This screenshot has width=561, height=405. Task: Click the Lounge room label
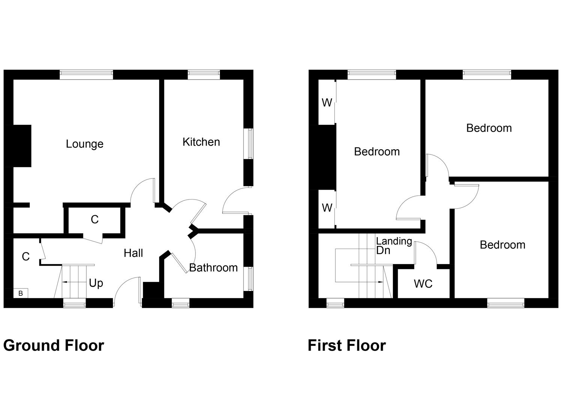[84, 144]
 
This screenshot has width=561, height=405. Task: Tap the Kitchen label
[201, 142]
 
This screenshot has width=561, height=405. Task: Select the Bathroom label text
[213, 268]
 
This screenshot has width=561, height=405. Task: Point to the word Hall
[133, 253]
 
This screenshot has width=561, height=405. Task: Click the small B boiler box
[21, 293]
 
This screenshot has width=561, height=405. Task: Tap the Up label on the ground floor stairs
[96, 283]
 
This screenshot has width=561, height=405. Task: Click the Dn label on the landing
[383, 250]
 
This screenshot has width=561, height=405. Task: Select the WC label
[423, 284]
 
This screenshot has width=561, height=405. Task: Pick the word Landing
[394, 241]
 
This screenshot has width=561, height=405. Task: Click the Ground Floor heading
[54, 345]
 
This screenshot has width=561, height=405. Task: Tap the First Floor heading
[347, 345]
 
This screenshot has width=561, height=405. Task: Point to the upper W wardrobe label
[327, 102]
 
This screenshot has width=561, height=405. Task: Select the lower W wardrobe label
[327, 207]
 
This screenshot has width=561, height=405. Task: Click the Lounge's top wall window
[86, 74]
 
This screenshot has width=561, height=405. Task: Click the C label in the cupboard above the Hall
[95, 219]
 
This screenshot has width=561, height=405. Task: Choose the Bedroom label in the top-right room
[489, 128]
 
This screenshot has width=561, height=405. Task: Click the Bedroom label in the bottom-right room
[502, 245]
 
